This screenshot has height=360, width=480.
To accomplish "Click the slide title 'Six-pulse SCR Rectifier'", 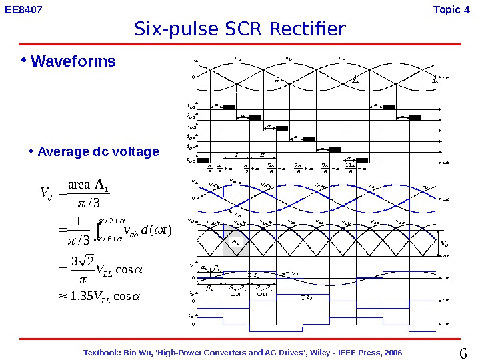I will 240,29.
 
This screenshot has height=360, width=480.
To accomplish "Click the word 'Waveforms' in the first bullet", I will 73,62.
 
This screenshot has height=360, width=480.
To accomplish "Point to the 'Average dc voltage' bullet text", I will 99,151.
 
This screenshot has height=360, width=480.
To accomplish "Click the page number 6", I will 464,352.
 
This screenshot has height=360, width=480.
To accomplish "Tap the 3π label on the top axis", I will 434,81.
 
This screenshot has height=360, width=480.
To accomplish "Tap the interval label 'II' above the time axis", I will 262,155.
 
